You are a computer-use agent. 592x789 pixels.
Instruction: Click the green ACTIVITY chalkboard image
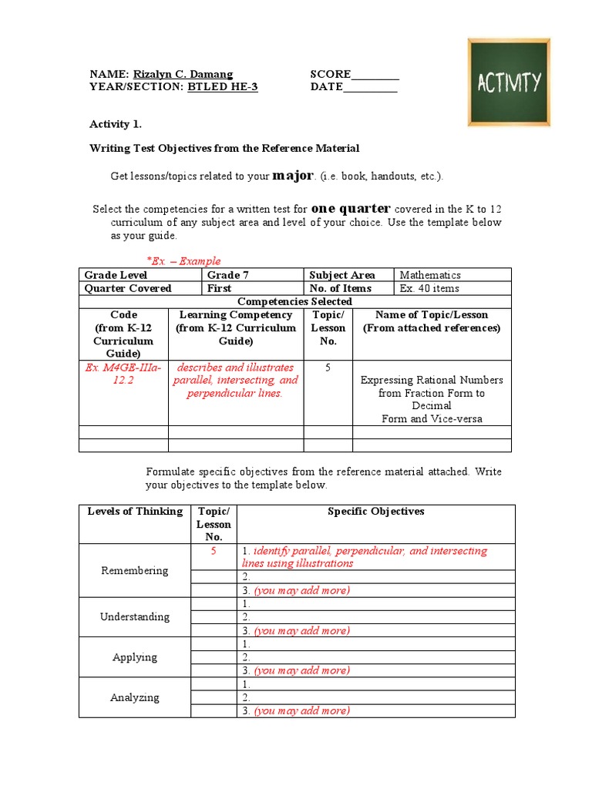click(509, 82)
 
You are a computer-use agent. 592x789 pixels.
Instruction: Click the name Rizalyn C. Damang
click(183, 74)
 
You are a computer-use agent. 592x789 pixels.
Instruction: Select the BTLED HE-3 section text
click(223, 87)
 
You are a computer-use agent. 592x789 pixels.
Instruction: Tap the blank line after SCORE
click(375, 75)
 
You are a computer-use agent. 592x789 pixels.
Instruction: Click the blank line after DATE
click(370, 88)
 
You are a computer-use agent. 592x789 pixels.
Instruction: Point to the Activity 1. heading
click(116, 124)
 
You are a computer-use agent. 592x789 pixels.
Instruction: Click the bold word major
click(293, 176)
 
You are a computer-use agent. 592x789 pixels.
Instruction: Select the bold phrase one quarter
click(351, 209)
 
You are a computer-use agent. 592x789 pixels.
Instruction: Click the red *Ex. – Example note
click(183, 261)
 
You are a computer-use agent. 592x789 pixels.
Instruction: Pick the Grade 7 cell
click(228, 275)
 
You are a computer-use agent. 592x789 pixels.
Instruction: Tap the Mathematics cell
click(430, 275)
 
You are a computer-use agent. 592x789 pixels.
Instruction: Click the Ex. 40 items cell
click(429, 288)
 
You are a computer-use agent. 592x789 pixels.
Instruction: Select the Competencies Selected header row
click(295, 301)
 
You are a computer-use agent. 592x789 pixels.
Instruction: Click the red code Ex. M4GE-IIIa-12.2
click(124, 374)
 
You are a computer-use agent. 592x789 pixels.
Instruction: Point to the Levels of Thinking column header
click(135, 512)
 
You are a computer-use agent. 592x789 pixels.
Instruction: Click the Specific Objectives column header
click(376, 512)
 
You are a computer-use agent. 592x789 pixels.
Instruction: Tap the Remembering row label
click(135, 570)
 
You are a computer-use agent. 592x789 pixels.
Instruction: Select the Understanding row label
click(135, 616)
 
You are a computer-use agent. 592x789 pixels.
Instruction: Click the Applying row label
click(135, 657)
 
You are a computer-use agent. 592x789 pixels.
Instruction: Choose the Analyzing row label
click(135, 697)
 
